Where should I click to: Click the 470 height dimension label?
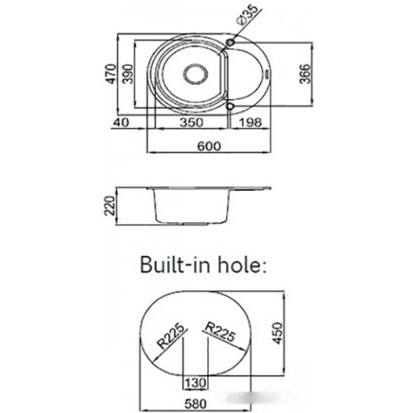click(x=112, y=74)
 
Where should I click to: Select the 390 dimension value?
click(x=128, y=74)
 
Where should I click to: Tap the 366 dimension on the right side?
click(x=305, y=74)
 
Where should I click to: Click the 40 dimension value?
click(x=121, y=122)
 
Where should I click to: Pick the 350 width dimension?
click(x=192, y=122)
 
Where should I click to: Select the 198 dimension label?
click(x=250, y=122)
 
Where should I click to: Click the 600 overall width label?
click(x=209, y=146)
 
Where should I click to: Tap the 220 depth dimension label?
click(x=111, y=206)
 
